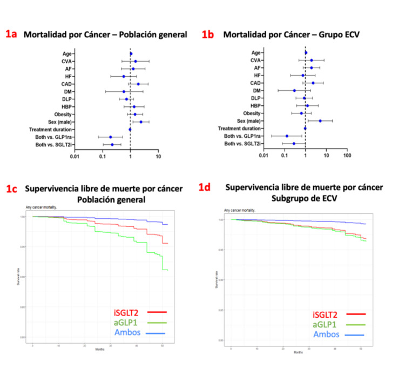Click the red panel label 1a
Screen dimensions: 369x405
pos(11,34)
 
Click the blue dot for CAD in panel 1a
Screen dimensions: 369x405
pos(138,84)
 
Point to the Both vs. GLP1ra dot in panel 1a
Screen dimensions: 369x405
pos(110,137)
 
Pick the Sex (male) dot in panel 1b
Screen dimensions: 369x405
pos(320,121)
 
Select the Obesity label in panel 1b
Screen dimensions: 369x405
pos(248,113)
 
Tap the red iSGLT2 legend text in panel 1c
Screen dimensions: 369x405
pos(127,312)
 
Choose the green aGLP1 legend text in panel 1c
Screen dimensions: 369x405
pos(127,323)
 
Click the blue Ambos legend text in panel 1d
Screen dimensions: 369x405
pos(325,334)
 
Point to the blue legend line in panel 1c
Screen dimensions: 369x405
pos(158,333)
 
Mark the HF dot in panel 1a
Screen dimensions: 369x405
pos(124,77)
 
